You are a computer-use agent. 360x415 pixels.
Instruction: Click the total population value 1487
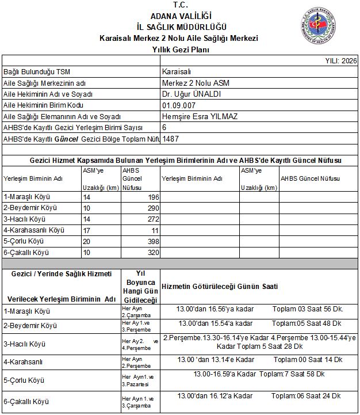(x=171, y=139)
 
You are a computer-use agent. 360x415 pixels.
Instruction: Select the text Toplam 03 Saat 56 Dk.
(x=307, y=309)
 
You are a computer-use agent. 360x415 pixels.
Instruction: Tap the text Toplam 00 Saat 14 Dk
(x=307, y=360)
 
